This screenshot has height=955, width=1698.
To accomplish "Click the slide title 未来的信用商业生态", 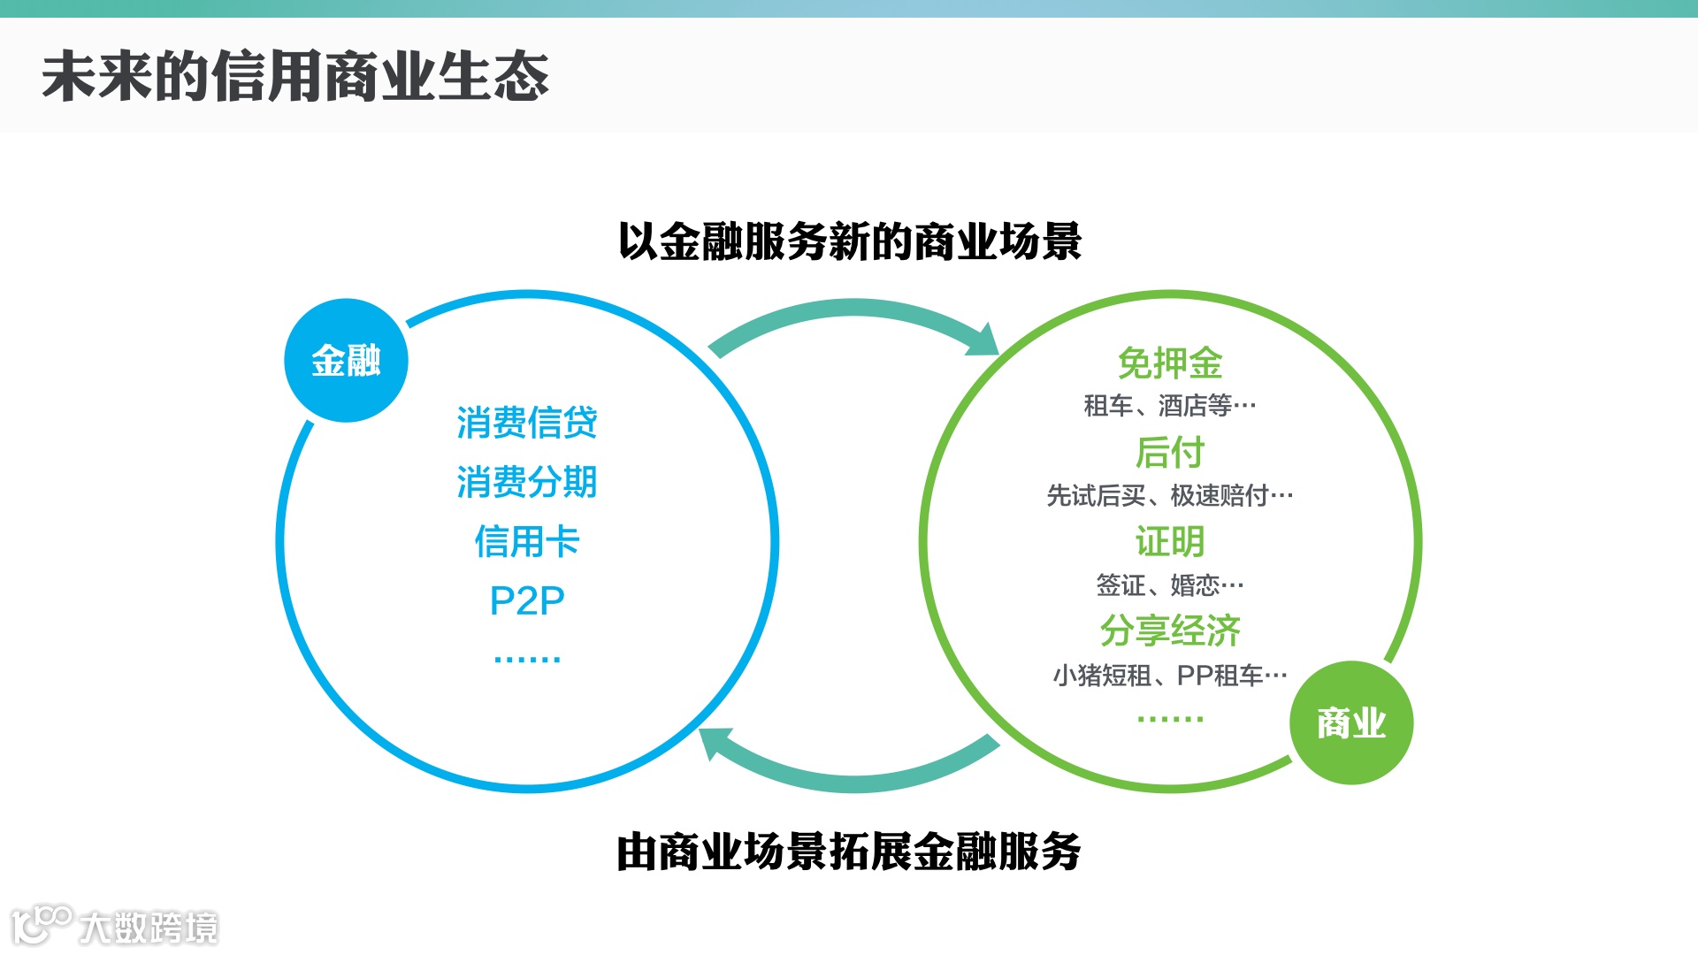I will [x=295, y=76].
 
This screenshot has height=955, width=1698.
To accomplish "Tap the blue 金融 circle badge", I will [x=346, y=361].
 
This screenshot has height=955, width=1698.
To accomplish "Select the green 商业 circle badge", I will [x=1350, y=722].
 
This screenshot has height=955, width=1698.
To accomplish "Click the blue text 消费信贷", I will [x=527, y=423].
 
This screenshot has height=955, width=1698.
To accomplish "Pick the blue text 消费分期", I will [x=527, y=482].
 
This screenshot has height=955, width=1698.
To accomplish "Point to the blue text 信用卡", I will [x=527, y=541].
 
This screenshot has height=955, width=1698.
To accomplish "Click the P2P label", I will [x=527, y=601].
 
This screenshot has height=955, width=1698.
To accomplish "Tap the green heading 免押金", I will [x=1170, y=363].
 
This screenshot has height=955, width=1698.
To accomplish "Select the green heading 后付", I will [x=1170, y=452].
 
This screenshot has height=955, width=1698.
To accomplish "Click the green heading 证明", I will [x=1170, y=541].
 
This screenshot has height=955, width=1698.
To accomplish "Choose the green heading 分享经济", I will [x=1170, y=630].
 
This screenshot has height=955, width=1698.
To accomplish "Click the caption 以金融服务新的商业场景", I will [x=849, y=241].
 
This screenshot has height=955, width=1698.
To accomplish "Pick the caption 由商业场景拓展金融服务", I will [x=849, y=852].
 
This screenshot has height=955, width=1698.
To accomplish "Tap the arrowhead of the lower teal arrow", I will [x=715, y=741].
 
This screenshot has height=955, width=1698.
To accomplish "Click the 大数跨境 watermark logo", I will [x=115, y=926].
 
